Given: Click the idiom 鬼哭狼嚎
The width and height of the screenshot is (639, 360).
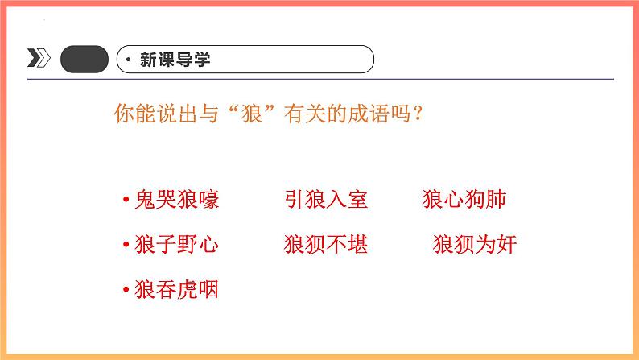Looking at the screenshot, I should coord(176,200).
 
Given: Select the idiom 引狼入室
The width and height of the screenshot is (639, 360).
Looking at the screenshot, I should coord(326,200).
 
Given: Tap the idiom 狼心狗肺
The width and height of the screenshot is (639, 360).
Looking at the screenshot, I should coord(464,200).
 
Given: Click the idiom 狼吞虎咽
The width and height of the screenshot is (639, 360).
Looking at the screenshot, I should coord(176,289).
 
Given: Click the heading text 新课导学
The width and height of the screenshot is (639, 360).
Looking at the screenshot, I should coord(175,59).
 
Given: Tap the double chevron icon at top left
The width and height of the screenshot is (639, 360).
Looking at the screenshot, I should coord(38,59).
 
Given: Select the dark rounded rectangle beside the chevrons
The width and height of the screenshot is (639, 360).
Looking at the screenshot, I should coord(84,59).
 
